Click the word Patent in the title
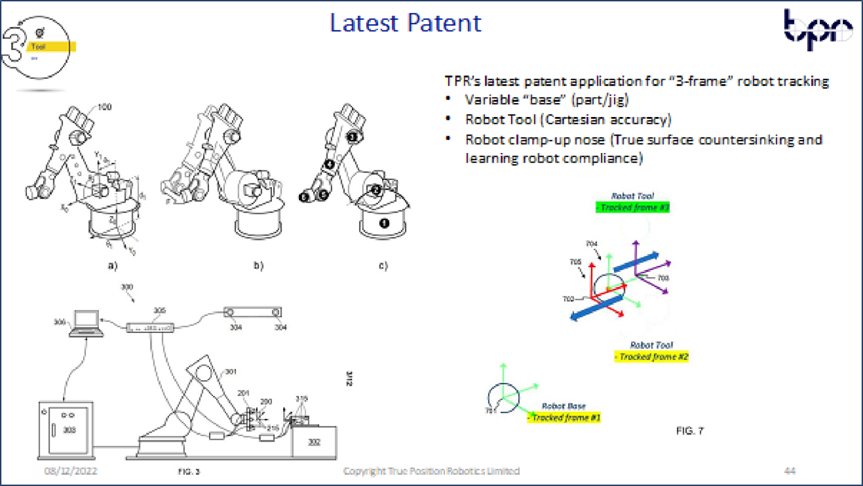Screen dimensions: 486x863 click(444, 23)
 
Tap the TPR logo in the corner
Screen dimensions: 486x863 click(818, 29)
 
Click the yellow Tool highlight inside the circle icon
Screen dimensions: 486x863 click(51, 47)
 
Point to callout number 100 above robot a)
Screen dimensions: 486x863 click(105, 107)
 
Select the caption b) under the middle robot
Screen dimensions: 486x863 click(258, 265)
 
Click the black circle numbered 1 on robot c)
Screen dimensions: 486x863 click(384, 223)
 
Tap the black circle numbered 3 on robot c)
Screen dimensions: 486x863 click(352, 137)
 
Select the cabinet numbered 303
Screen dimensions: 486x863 click(67, 429)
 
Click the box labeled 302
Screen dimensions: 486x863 click(314, 442)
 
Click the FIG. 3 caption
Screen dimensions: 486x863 click(189, 471)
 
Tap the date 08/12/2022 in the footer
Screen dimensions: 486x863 click(71, 471)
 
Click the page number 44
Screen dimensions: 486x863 click(789, 471)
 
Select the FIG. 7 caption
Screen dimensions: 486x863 click(689, 431)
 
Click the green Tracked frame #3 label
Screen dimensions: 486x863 click(633, 208)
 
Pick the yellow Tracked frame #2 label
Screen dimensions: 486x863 click(651, 357)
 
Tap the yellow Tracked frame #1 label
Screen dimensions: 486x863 click(564, 417)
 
